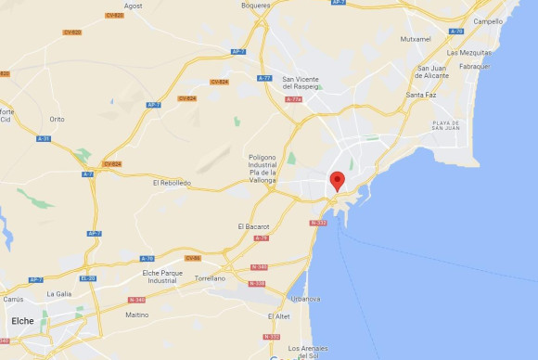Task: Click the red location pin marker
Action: [339, 181]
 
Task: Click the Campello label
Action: [488, 20]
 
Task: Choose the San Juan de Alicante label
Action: [439, 72]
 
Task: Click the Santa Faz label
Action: [421, 95]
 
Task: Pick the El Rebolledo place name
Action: [172, 183]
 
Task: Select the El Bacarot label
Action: [252, 226]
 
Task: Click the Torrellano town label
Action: [209, 277]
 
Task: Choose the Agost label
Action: [134, 6]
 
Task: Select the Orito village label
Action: [58, 119]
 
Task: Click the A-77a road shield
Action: [294, 99]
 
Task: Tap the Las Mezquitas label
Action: [469, 53]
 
